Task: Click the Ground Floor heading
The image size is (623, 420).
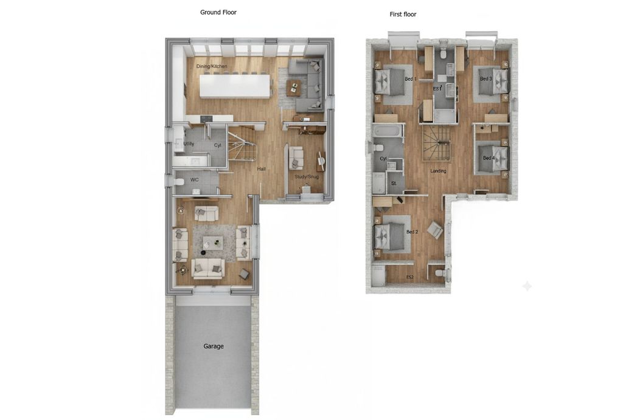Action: (x=218, y=12)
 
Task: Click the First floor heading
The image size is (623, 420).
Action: (x=403, y=15)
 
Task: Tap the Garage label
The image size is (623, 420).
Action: (x=214, y=346)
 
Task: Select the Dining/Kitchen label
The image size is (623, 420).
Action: (x=212, y=66)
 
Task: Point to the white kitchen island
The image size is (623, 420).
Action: (x=235, y=86)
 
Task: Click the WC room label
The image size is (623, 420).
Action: (x=194, y=180)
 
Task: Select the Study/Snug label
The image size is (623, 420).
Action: (x=307, y=177)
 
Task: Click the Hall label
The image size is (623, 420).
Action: (x=261, y=169)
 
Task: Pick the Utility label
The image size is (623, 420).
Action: (x=189, y=143)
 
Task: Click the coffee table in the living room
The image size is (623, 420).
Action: (x=212, y=242)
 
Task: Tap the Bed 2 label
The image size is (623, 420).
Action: (x=412, y=232)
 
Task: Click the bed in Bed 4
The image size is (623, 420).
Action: (x=492, y=158)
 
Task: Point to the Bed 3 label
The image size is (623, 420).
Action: (x=486, y=78)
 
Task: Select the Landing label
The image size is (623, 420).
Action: (x=438, y=171)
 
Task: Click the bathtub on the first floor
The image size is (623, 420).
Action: (x=387, y=131)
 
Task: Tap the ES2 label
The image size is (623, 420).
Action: (x=409, y=277)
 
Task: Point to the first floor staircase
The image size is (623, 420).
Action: (x=436, y=143)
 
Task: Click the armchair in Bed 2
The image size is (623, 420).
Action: (x=434, y=230)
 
